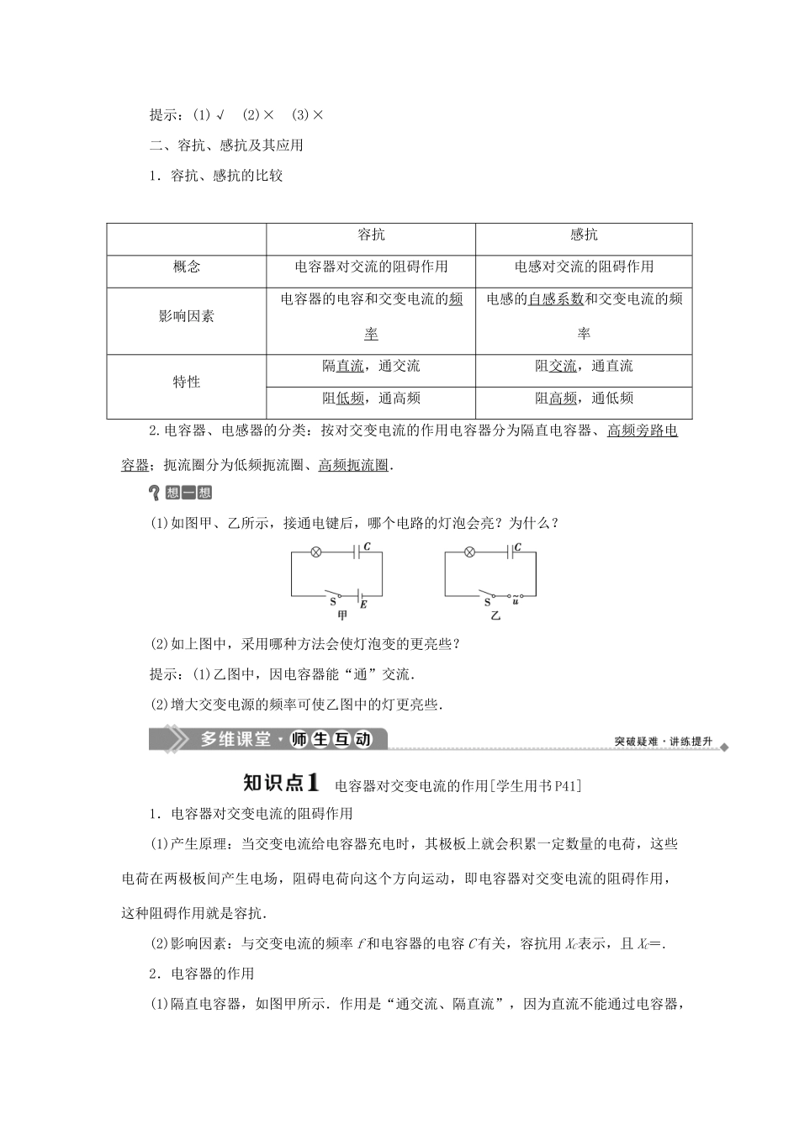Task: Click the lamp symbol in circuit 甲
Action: (316, 552)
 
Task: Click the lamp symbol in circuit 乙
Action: (470, 552)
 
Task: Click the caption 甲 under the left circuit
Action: (341, 614)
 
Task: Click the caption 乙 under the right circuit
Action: (495, 615)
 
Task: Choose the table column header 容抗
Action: (371, 235)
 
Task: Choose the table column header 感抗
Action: (584, 235)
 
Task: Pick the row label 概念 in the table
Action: (187, 267)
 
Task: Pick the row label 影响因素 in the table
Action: (187, 317)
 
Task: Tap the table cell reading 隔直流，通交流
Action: (371, 367)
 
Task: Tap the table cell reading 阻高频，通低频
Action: (584, 399)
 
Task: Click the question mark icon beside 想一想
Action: (154, 494)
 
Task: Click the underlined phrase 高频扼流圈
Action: (353, 464)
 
